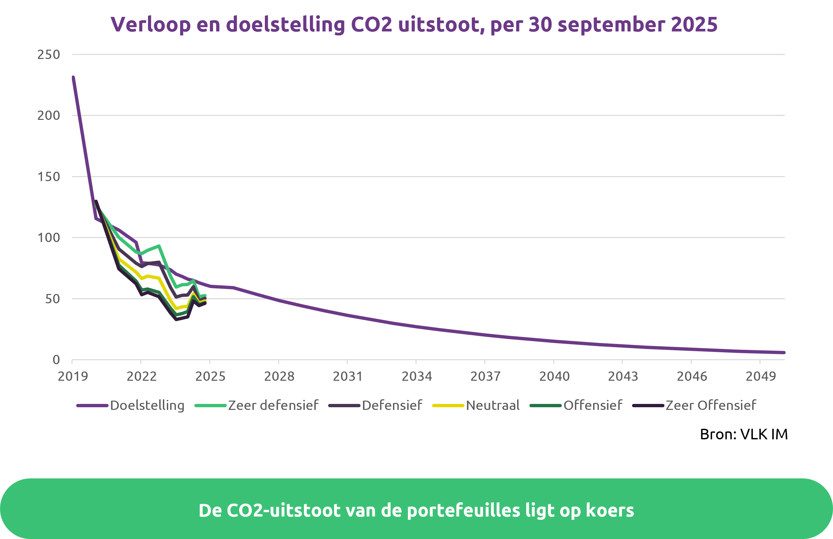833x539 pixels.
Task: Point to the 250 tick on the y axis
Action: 49,55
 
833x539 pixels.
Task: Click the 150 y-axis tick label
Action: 49,177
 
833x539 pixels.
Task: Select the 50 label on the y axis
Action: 53,299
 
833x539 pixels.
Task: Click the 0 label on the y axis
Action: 56,360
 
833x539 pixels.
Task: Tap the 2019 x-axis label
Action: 73,376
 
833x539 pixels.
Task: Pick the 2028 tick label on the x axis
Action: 279,376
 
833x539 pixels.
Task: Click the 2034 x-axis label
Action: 416,376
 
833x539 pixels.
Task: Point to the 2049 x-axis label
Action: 760,376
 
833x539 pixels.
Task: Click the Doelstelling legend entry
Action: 147,405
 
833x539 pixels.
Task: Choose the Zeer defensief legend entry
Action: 273,405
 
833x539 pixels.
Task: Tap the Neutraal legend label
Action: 492,405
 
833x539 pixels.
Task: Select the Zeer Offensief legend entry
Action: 710,405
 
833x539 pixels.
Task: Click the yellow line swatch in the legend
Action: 448,406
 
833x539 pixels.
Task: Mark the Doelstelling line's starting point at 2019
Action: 73,77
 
